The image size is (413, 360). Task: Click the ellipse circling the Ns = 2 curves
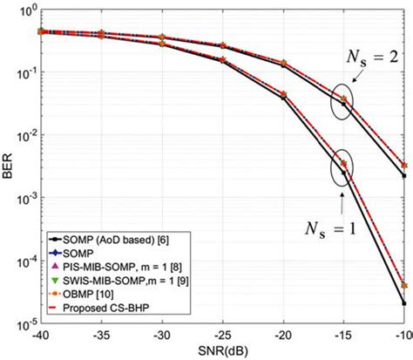342,103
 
